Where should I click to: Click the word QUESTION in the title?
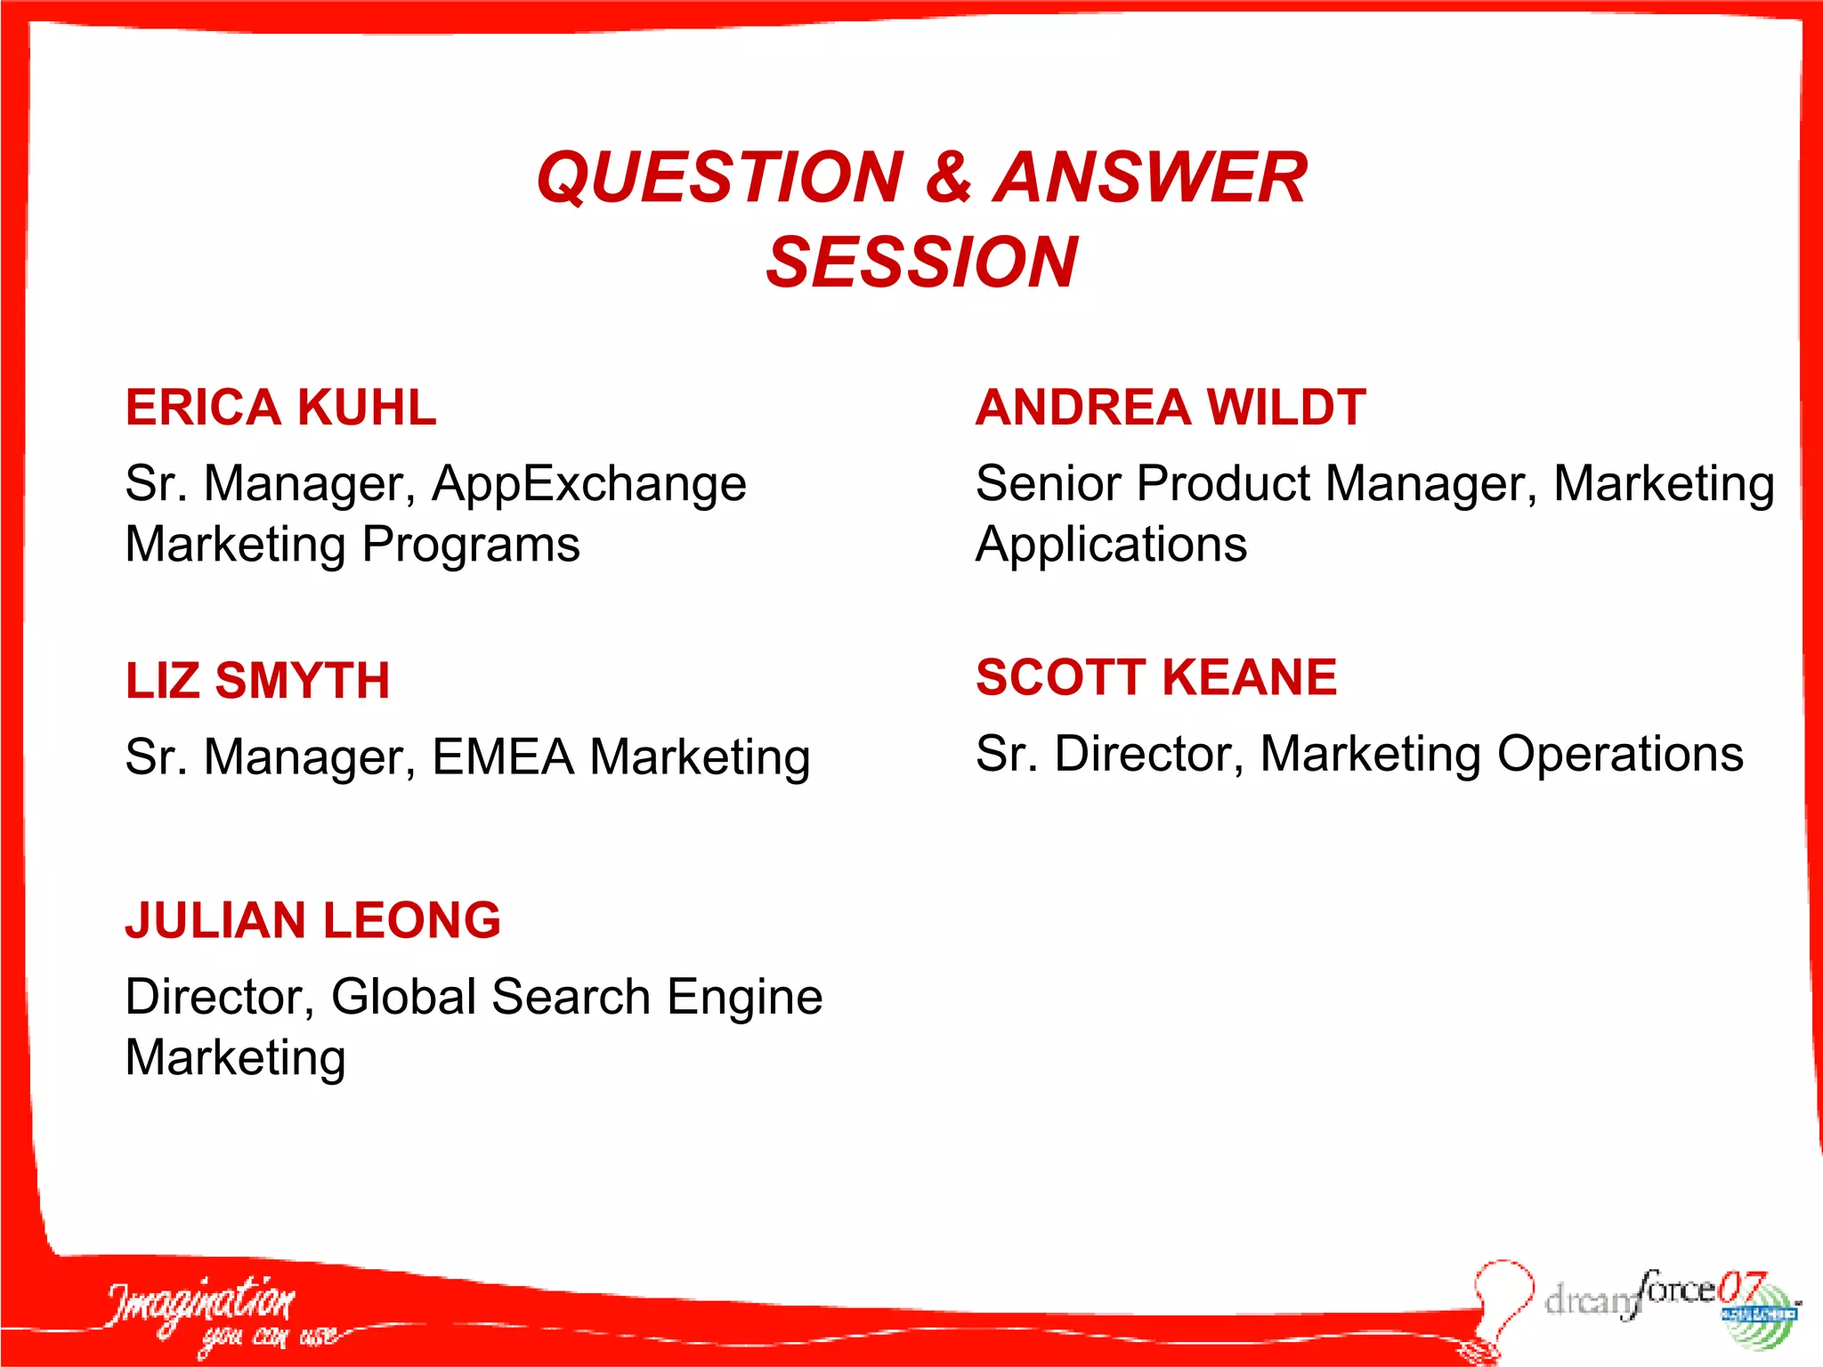click(719, 177)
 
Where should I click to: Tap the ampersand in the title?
click(948, 177)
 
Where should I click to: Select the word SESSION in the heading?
click(921, 263)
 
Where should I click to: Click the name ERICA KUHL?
click(280, 408)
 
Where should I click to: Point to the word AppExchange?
click(588, 485)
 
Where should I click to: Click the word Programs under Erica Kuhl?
click(471, 546)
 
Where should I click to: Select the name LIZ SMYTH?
click(257, 681)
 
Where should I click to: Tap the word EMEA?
click(503, 757)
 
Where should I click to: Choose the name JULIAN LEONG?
click(312, 920)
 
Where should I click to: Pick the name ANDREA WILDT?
click(1170, 408)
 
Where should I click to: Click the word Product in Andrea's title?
click(1223, 484)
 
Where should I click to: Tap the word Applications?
click(1111, 546)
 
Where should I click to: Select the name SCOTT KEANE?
click(1155, 677)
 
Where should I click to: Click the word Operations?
click(1619, 755)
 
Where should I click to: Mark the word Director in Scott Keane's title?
click(1148, 754)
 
